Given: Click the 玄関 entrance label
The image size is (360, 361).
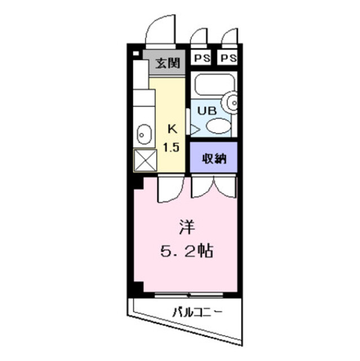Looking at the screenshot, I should tap(167, 63).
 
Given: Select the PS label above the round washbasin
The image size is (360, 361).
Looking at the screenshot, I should tap(228, 58).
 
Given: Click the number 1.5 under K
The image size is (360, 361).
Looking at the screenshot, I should tap(172, 148).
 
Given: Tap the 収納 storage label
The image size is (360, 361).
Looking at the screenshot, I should tap(214, 158).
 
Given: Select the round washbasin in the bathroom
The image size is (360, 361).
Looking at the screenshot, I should tap(232, 103).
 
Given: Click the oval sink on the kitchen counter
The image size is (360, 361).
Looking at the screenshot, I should tap(143, 134).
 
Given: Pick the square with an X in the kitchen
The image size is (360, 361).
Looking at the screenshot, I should tap(144, 161).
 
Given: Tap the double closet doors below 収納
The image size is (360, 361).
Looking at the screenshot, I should tap(214, 186).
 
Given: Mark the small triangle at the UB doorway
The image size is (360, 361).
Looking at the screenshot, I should tap(194, 129).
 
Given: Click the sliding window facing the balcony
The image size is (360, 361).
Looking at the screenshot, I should tap(189, 294).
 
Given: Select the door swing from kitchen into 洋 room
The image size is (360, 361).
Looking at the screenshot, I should tap(170, 189).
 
